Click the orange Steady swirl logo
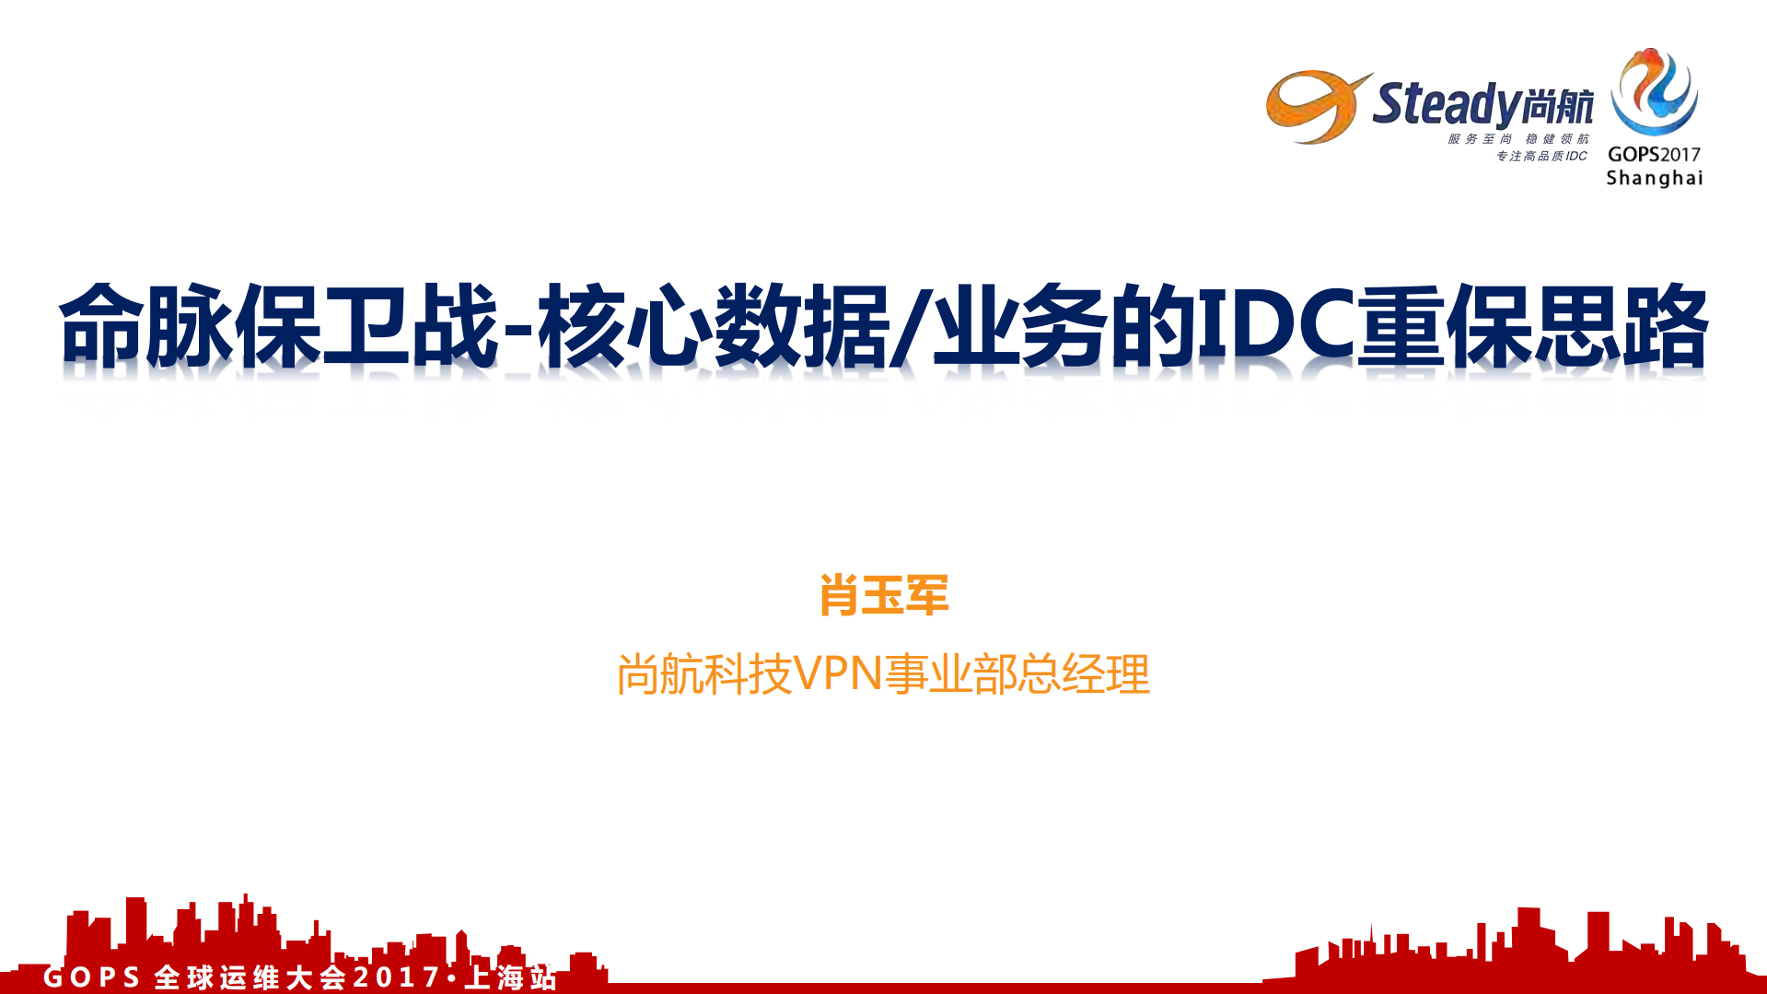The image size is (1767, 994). point(1312,107)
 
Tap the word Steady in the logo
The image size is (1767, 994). point(1445,103)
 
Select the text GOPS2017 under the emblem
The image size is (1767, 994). point(1654,154)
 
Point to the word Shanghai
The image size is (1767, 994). point(1654,178)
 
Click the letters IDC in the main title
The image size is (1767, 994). point(1275,324)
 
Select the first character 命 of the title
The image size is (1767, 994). point(101,325)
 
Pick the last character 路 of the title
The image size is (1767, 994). point(1665,325)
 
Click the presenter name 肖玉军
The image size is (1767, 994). point(883,595)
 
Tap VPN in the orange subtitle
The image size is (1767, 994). point(838,673)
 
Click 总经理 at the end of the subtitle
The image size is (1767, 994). point(1105,674)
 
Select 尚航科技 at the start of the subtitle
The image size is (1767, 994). point(704,674)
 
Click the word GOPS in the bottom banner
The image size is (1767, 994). point(91,976)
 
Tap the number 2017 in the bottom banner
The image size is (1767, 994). point(397,976)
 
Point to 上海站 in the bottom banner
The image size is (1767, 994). point(511,976)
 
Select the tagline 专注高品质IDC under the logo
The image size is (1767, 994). point(1541,156)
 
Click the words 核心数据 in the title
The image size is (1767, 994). point(713,325)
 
